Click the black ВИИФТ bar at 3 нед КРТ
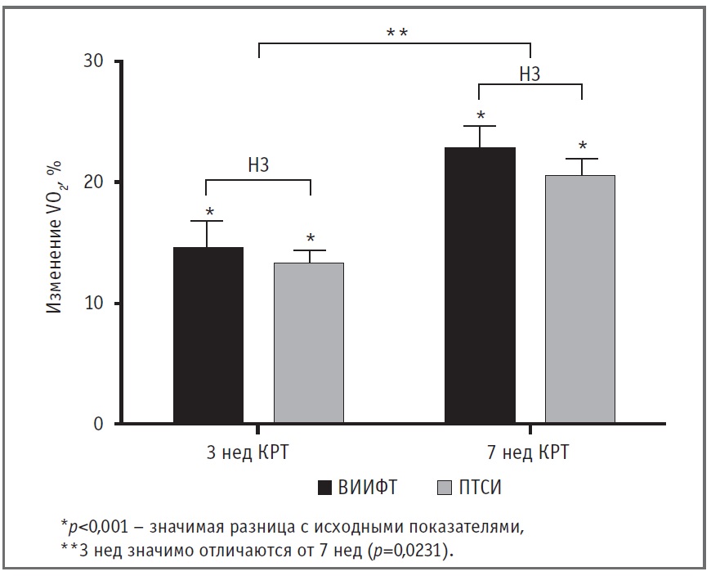click(208, 335)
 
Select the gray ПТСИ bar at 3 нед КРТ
click(309, 344)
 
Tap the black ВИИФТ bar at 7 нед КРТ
click(480, 286)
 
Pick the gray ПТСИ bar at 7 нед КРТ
click(580, 299)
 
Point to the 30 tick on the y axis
click(95, 62)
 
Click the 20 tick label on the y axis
click(95, 182)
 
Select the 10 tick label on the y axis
click(95, 304)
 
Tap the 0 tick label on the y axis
click(100, 425)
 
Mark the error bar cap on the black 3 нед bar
click(208, 221)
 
